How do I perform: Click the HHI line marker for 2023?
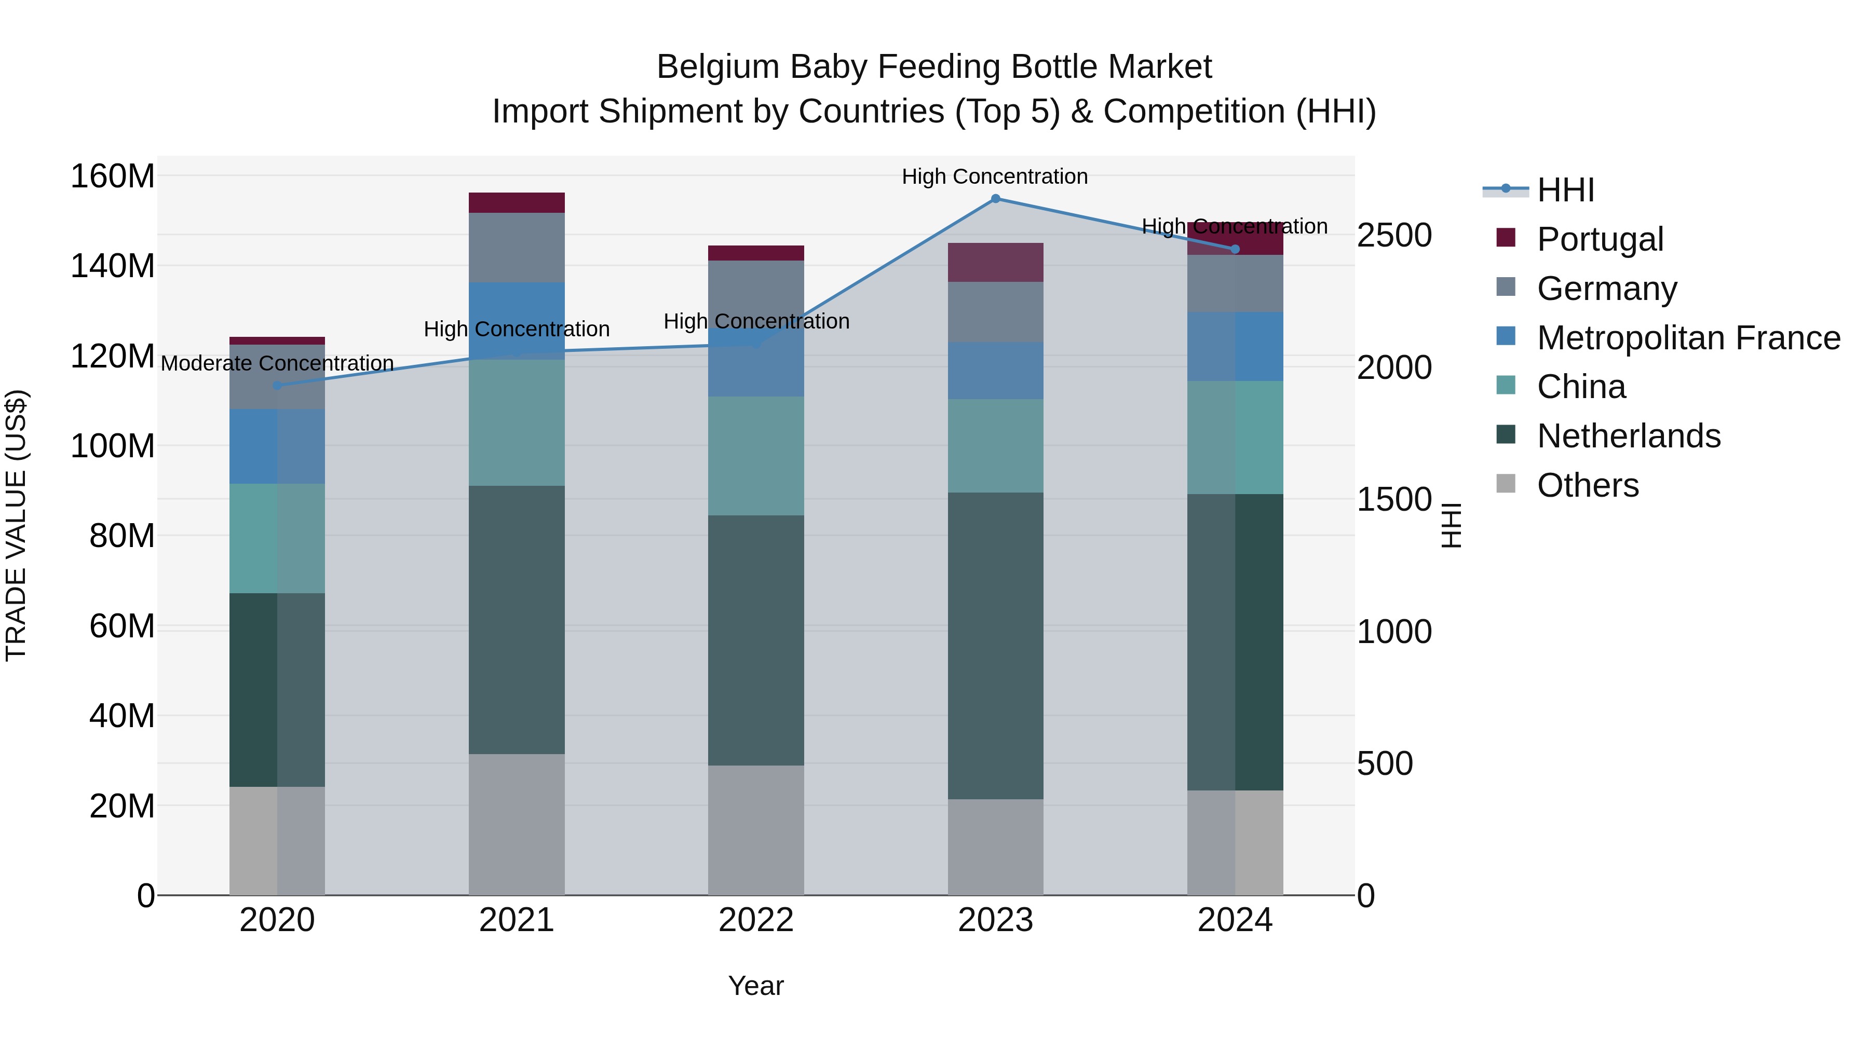tap(995, 199)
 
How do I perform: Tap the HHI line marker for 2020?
tap(277, 386)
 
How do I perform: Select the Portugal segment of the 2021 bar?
tap(517, 202)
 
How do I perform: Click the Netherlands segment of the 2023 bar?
tap(995, 646)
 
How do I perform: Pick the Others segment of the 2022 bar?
tap(756, 830)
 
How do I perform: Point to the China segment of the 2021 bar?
tap(517, 423)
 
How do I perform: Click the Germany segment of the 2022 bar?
tap(756, 290)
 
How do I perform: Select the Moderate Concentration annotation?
tap(277, 363)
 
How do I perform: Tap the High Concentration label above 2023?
tap(995, 176)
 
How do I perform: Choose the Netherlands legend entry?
tap(1629, 436)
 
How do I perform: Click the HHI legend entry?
tap(1566, 190)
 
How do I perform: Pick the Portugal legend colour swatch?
tap(1506, 238)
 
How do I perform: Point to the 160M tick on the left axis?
tap(113, 176)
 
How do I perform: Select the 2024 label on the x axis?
tap(1235, 920)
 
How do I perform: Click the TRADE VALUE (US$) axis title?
tap(16, 525)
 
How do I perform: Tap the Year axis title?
tap(756, 986)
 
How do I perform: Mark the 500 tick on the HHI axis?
tap(1384, 764)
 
